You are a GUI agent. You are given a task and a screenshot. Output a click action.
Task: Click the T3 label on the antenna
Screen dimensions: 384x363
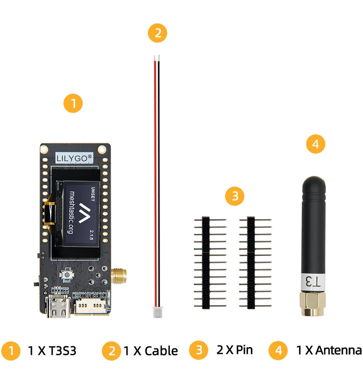[x=312, y=281]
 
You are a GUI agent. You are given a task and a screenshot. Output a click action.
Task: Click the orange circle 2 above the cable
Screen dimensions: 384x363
[x=157, y=33]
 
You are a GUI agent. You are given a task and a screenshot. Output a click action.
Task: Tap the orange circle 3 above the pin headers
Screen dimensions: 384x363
[x=235, y=196]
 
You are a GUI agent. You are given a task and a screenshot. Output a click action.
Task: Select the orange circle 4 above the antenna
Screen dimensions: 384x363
[x=316, y=144]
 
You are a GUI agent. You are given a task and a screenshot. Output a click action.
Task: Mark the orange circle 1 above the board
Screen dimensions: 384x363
[x=73, y=103]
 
